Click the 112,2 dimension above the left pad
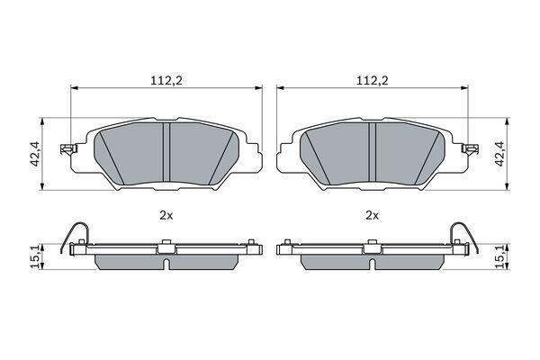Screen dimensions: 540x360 (166, 81)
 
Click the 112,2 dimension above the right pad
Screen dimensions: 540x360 (372, 81)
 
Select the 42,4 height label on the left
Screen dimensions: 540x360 (36, 154)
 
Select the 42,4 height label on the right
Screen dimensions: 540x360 (499, 154)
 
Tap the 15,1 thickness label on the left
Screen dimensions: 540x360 (36, 256)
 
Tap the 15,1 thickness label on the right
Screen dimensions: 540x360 (499, 256)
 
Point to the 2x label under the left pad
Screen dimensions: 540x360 (166, 216)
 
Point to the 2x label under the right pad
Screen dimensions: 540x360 (372, 216)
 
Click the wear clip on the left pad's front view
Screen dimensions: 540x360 (68, 148)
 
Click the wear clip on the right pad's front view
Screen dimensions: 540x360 (470, 148)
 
